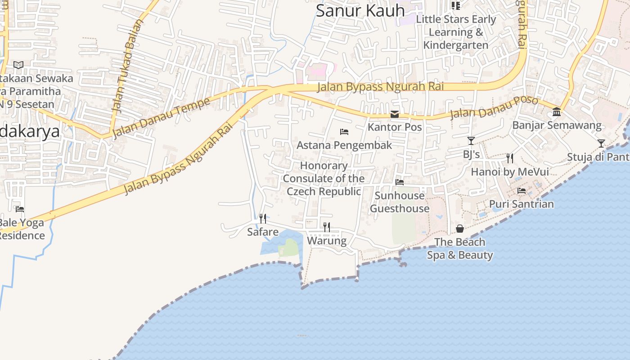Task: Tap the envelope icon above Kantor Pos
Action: (x=395, y=114)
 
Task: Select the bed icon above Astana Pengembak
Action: (x=344, y=132)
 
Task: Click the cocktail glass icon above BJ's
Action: (x=471, y=141)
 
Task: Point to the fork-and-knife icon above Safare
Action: (x=263, y=219)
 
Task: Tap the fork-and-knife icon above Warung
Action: (x=327, y=227)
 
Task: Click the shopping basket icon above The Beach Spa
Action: (x=459, y=229)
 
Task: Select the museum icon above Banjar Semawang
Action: (x=557, y=112)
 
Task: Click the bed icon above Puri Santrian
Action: (x=522, y=191)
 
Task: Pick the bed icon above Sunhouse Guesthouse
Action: (x=399, y=182)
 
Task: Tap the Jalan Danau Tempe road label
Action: (x=161, y=117)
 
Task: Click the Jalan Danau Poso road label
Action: (x=494, y=107)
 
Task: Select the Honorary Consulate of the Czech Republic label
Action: (x=324, y=179)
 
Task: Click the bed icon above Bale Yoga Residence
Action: (x=19, y=209)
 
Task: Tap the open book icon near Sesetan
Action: (x=18, y=65)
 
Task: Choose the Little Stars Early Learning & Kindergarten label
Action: (x=456, y=32)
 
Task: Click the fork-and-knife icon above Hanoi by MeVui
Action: (x=509, y=158)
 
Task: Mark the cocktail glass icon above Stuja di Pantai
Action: (x=601, y=144)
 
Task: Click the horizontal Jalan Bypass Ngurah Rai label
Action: (x=380, y=86)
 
